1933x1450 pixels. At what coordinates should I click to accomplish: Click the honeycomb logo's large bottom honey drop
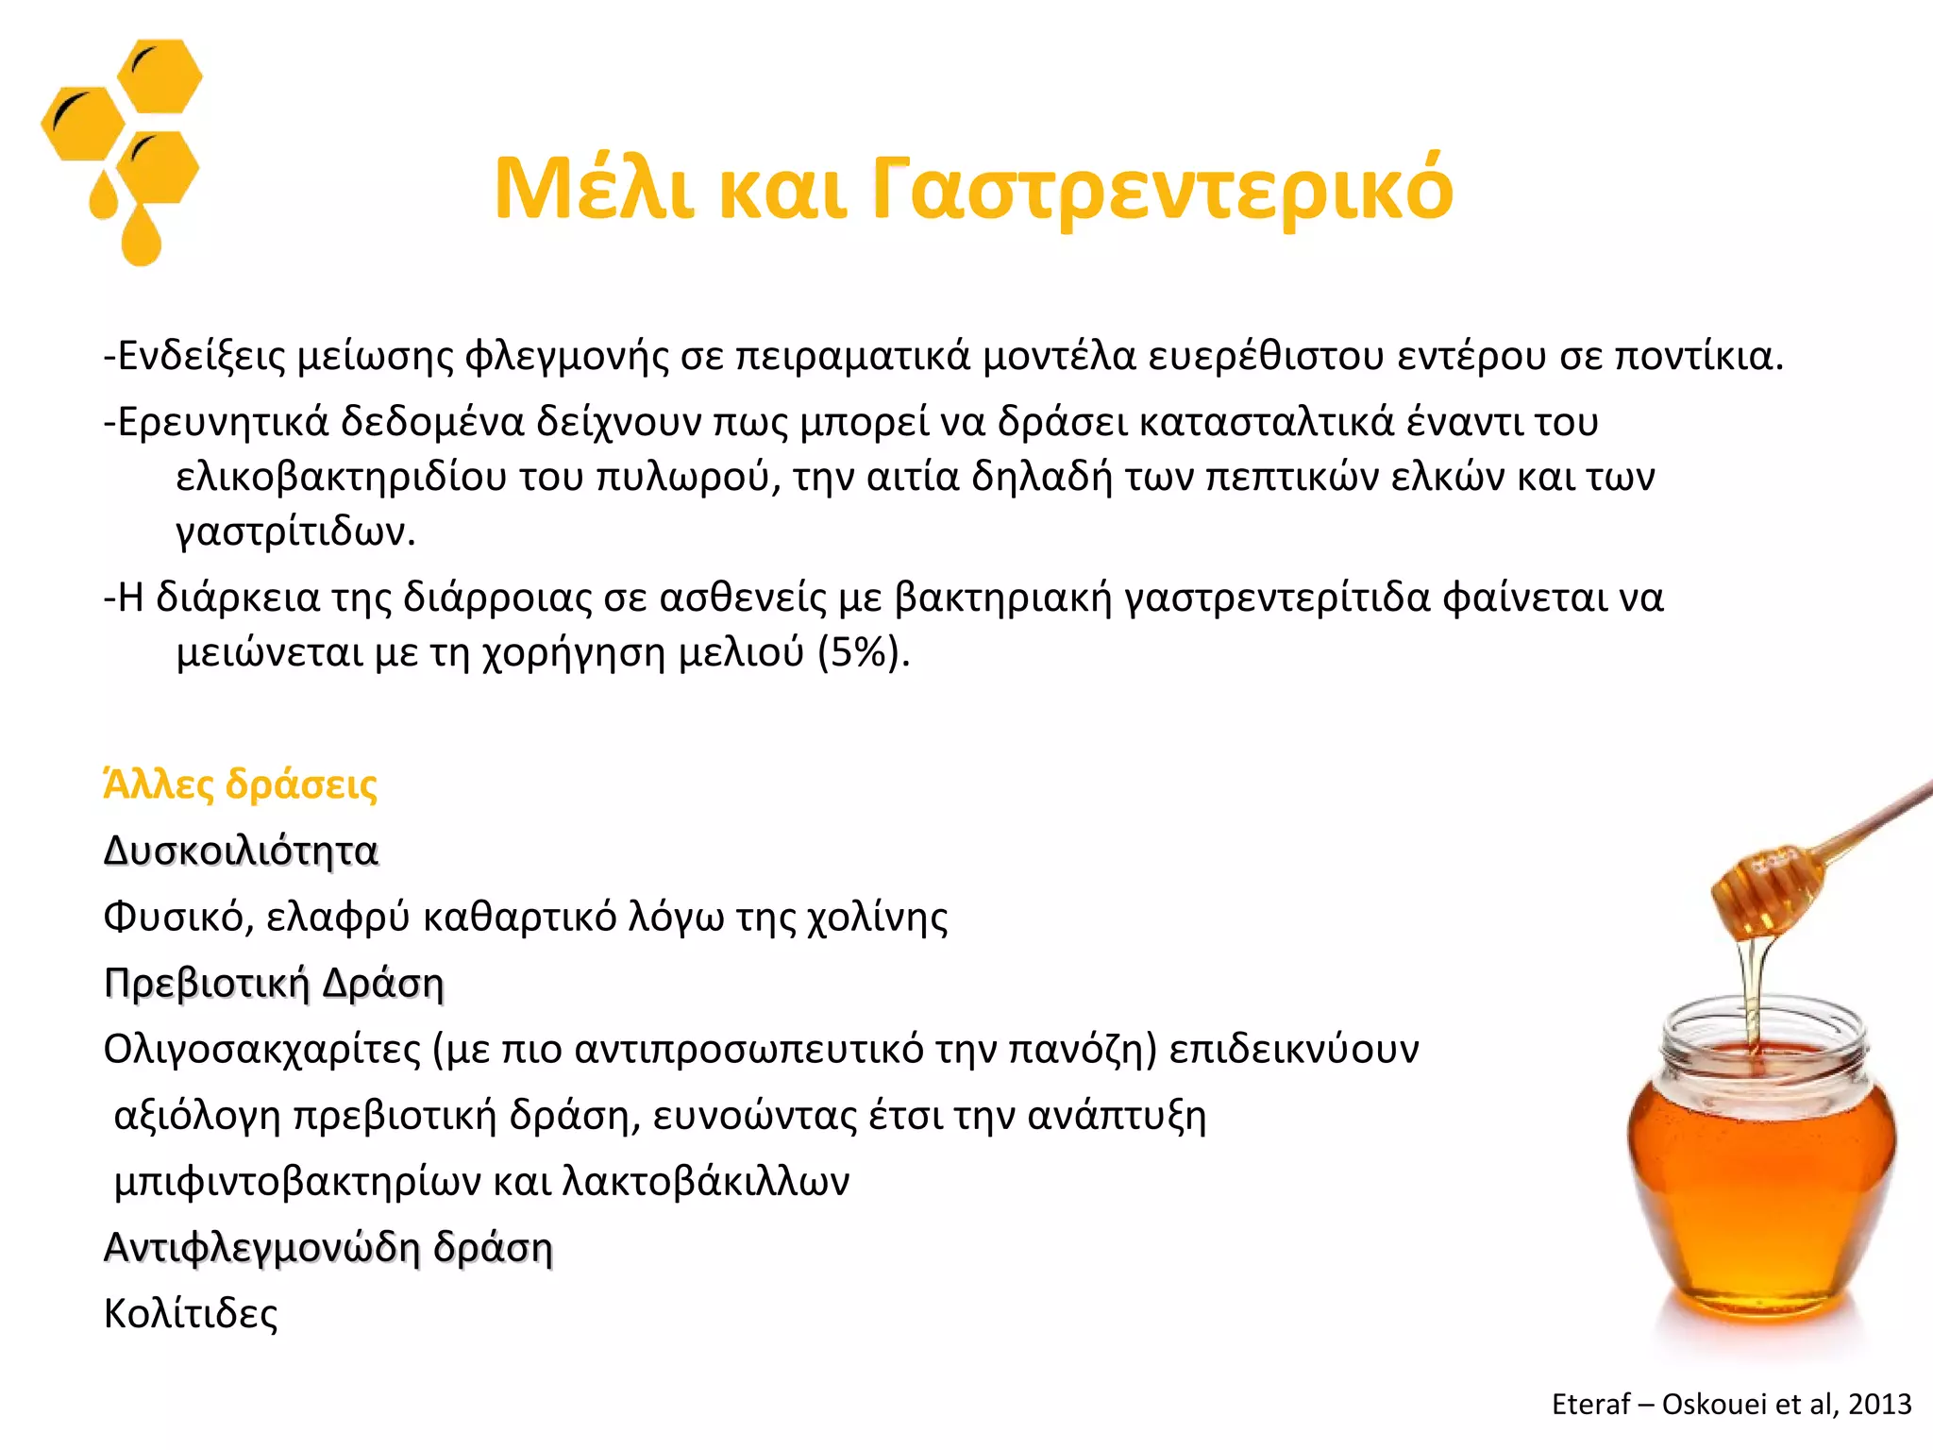(x=142, y=236)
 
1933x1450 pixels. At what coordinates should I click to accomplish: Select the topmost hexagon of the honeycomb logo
(x=160, y=76)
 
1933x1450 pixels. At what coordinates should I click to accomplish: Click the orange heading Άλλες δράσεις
(x=241, y=784)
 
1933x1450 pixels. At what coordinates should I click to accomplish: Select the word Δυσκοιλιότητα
(x=241, y=851)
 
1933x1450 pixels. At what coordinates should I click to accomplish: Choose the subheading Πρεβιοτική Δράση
(x=274, y=983)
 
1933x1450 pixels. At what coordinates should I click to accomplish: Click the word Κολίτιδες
(x=191, y=1313)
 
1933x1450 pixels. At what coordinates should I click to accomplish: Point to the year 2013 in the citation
(x=1879, y=1405)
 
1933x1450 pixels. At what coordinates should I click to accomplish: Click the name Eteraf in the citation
(x=1590, y=1405)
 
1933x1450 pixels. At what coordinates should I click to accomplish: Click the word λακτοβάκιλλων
(x=705, y=1181)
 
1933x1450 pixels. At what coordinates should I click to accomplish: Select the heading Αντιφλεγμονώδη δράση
(x=328, y=1247)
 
